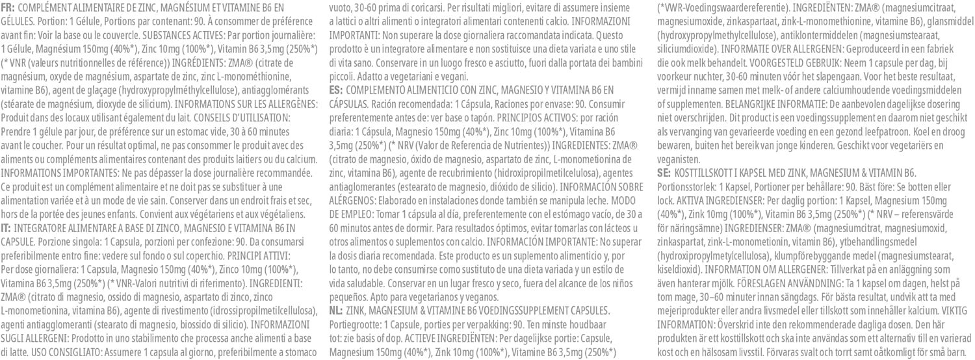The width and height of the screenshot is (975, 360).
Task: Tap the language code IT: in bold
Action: click(8, 227)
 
